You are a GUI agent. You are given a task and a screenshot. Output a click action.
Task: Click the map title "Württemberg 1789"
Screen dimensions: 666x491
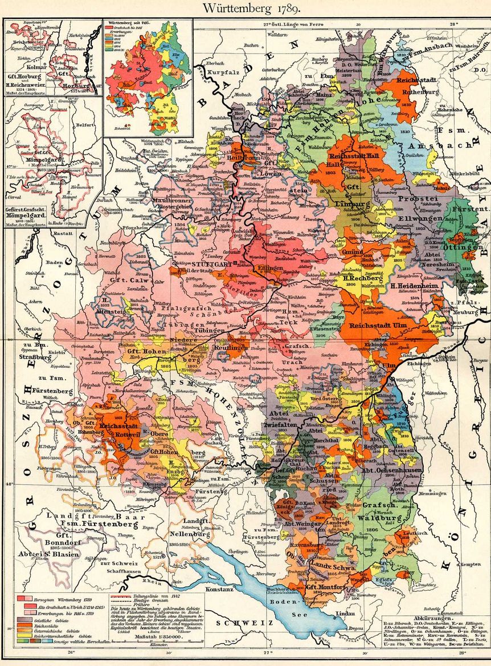(245, 9)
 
